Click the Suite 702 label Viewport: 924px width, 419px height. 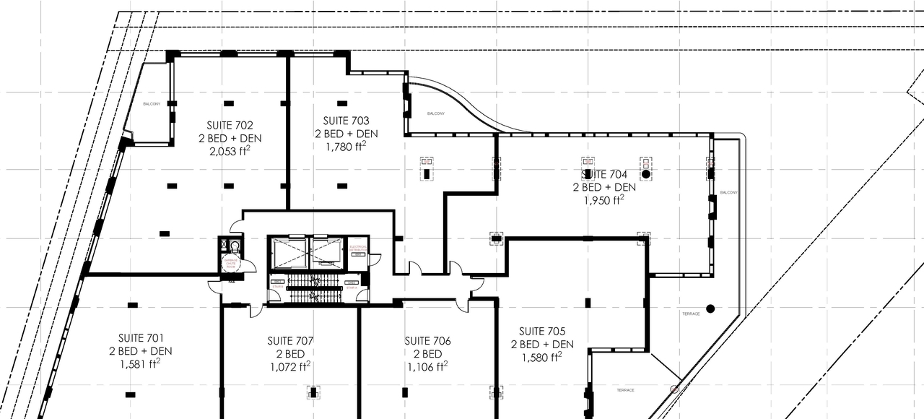point(230,124)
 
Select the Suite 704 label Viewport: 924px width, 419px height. point(604,174)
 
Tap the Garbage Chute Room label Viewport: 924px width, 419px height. point(231,264)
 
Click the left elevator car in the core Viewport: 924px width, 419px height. point(289,254)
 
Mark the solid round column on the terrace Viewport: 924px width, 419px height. point(710,308)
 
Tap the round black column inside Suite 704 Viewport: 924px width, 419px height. point(646,174)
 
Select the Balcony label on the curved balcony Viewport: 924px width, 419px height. point(436,113)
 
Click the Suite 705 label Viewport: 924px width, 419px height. point(542,332)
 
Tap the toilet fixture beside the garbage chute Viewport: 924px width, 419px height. point(235,245)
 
